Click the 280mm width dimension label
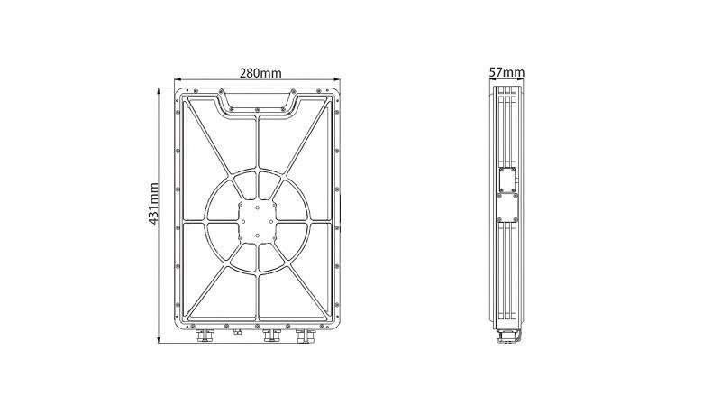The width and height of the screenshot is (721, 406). click(x=260, y=73)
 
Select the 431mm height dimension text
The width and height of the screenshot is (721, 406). click(x=153, y=204)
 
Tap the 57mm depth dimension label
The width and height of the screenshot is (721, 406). click(x=507, y=72)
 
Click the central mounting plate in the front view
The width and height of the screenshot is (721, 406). click(x=257, y=221)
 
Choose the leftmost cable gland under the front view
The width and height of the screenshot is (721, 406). click(x=205, y=336)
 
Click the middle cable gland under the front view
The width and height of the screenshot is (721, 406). click(x=271, y=336)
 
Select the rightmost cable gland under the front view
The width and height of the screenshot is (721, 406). click(x=306, y=336)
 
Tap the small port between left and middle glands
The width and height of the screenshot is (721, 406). click(x=237, y=331)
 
